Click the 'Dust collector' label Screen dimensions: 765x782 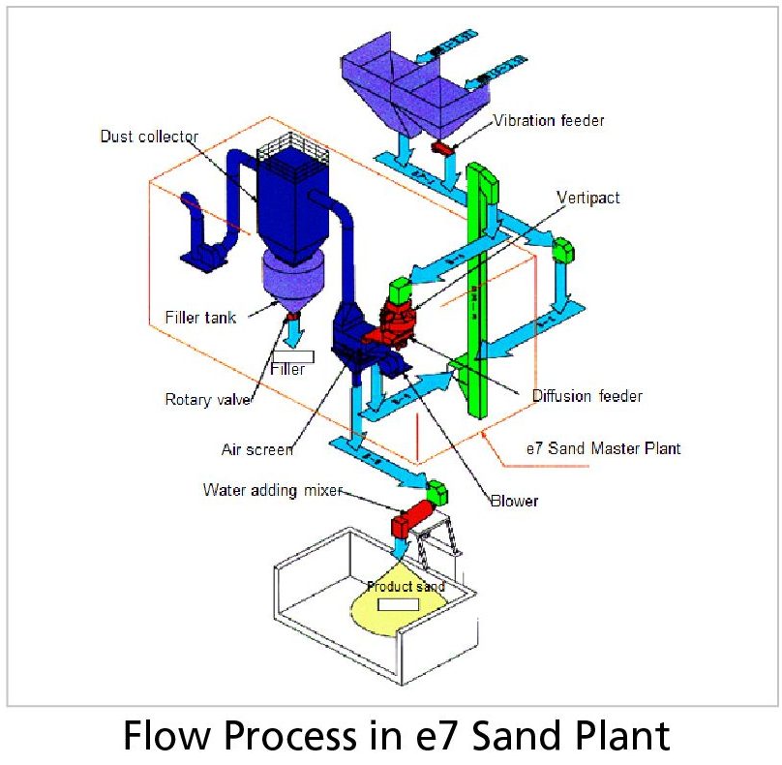point(149,136)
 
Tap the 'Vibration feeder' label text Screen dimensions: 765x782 point(549,121)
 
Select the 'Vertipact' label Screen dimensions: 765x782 point(588,198)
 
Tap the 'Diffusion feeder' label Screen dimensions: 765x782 point(586,396)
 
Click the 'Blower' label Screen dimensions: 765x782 point(514,501)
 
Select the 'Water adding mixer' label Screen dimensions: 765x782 point(272,490)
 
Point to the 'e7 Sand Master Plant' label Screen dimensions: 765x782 point(603,448)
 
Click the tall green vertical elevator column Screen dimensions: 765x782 point(478,291)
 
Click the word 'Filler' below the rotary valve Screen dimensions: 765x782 point(288,369)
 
